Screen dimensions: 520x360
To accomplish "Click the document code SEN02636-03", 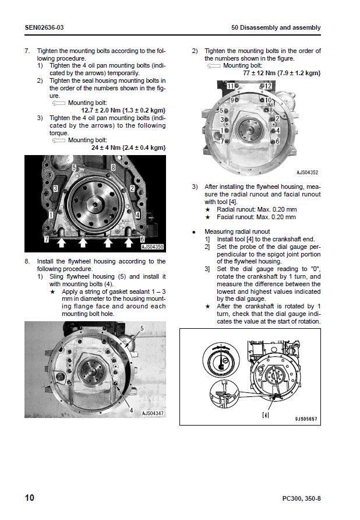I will click(x=44, y=28).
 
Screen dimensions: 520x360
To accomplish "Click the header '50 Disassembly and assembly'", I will click(x=276, y=28).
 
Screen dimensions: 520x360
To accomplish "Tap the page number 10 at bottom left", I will click(x=30, y=497).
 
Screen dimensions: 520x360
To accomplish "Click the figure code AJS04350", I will click(x=153, y=247).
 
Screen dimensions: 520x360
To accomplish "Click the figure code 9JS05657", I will click(x=306, y=419).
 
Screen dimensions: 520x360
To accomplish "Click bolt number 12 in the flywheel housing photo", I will click(x=269, y=86).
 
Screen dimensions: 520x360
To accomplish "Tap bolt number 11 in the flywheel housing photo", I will click(x=231, y=86).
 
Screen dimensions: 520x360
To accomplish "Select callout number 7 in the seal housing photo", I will click(x=46, y=239).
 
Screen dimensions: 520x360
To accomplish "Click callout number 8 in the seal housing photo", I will click(x=112, y=167).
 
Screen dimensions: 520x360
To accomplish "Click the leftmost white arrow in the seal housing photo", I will click(x=60, y=241).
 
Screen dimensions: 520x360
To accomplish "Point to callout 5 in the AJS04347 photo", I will click(x=141, y=329).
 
